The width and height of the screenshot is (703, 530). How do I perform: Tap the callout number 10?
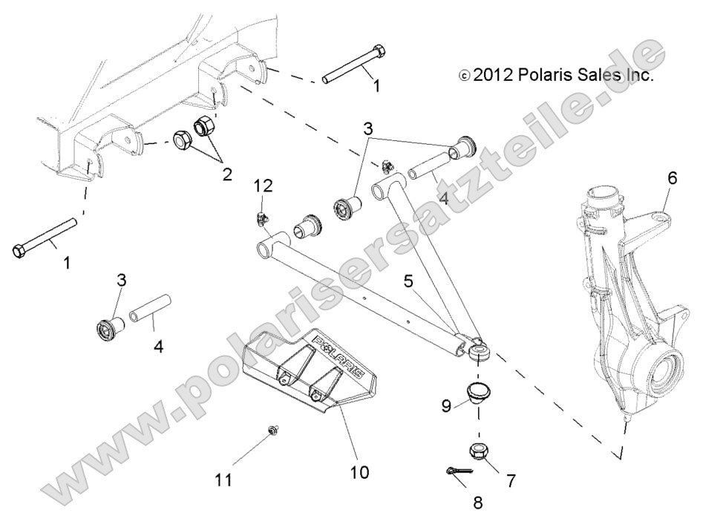(x=358, y=471)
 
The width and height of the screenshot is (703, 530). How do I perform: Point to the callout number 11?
(x=223, y=480)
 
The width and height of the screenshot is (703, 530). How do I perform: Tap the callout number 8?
(x=477, y=503)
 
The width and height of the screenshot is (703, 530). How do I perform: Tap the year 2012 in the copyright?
(x=491, y=76)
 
